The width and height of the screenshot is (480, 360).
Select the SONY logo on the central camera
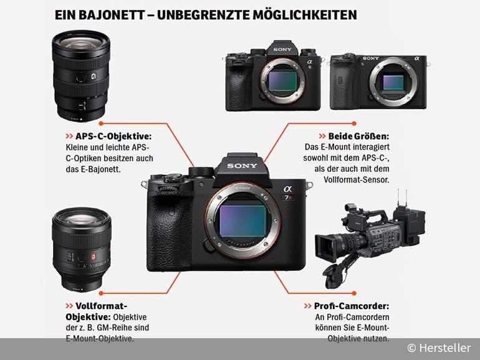point(242,166)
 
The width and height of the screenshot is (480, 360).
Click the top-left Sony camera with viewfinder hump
point(273,77)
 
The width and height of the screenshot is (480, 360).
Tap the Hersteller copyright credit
point(439,348)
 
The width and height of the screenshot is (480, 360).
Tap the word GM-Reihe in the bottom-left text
point(129,328)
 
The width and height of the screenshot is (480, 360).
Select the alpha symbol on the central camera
point(287,190)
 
